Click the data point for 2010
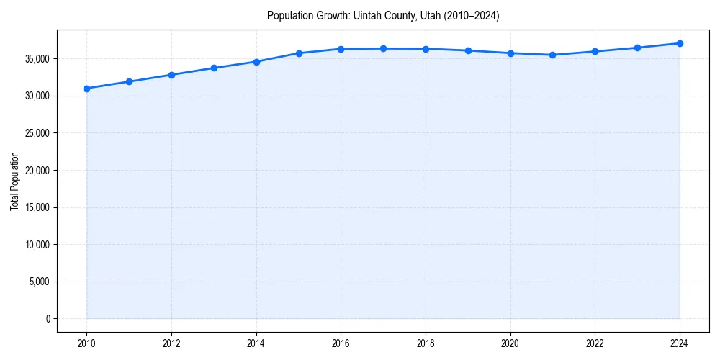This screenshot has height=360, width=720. (x=86, y=89)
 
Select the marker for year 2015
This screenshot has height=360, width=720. (x=299, y=53)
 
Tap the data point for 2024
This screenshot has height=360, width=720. (x=680, y=43)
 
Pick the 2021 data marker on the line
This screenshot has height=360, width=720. (x=552, y=55)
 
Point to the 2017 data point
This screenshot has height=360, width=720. (x=383, y=48)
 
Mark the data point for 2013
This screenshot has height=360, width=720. (x=214, y=68)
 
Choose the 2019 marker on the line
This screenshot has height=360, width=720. (x=468, y=50)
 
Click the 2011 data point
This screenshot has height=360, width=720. (x=129, y=81)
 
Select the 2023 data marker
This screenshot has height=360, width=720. (x=637, y=48)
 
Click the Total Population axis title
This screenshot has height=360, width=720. (x=14, y=181)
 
